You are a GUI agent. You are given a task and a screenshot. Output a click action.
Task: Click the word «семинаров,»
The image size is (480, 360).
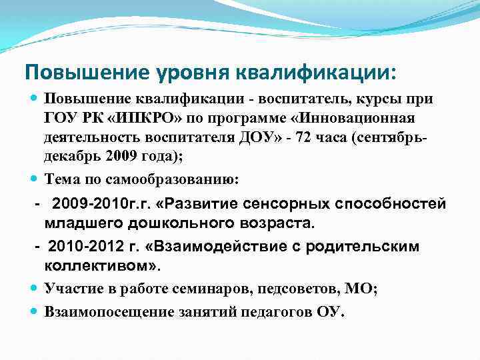click(205, 289)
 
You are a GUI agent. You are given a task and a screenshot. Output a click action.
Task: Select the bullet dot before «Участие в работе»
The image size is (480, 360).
click(35, 289)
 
